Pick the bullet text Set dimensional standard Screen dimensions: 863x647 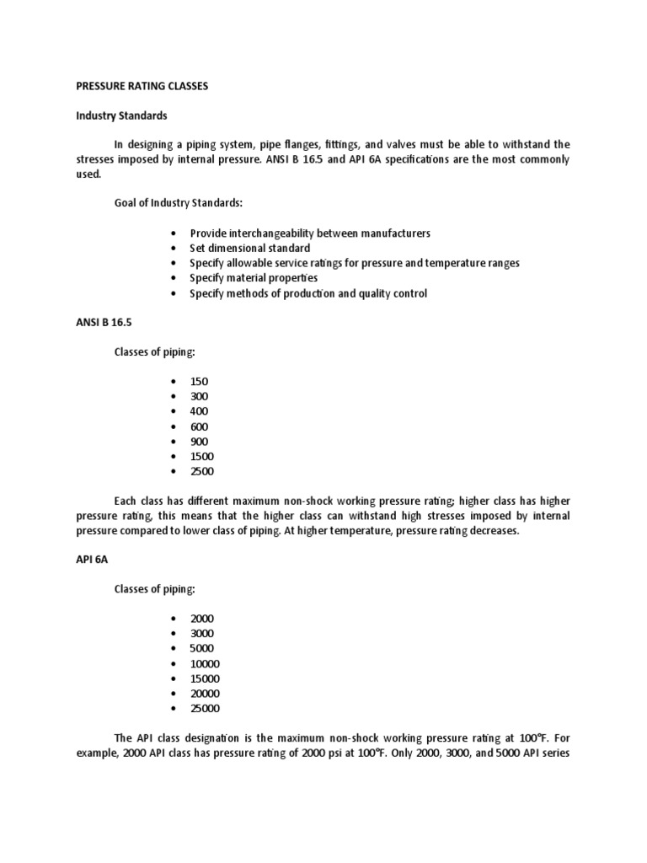tap(249, 248)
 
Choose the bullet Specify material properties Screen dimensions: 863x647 tap(253, 278)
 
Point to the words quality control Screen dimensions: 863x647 tap(395, 293)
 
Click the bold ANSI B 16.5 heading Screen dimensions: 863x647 tap(104, 322)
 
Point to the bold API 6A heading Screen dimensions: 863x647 tap(93, 559)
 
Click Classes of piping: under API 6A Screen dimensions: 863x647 tap(155, 588)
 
